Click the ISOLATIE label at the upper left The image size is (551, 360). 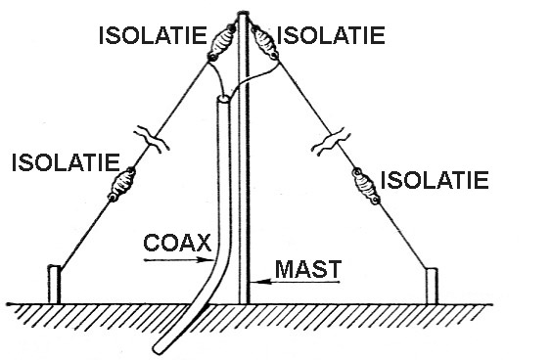pyautogui.click(x=153, y=35)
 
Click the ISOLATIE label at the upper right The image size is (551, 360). pyautogui.click(x=331, y=35)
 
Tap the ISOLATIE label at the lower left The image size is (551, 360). pyautogui.click(x=66, y=162)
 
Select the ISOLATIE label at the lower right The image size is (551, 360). pyautogui.click(x=435, y=180)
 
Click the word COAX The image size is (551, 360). pyautogui.click(x=177, y=243)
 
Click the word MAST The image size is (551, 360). pyautogui.click(x=308, y=269)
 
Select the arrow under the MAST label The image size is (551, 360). pyautogui.click(x=296, y=282)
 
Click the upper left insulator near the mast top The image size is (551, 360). pyautogui.click(x=220, y=42)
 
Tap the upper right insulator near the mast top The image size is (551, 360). pyautogui.click(x=264, y=42)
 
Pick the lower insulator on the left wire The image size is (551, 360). pyautogui.click(x=121, y=184)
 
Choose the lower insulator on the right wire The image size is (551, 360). pyautogui.click(x=366, y=186)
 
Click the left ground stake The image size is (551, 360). pyautogui.click(x=54, y=284)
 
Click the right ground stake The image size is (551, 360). pyautogui.click(x=432, y=286)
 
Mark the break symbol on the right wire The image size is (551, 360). pyautogui.click(x=332, y=141)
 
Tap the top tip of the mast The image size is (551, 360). pyautogui.click(x=243, y=14)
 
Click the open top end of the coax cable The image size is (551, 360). pyautogui.click(x=223, y=99)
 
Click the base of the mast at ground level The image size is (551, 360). pyautogui.click(x=244, y=302)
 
